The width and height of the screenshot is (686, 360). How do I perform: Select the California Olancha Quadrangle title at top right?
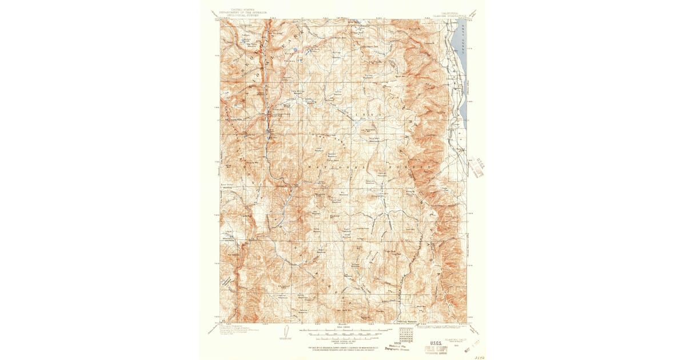point(450,10)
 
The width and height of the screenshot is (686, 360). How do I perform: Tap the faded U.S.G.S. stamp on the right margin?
point(478,167)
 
